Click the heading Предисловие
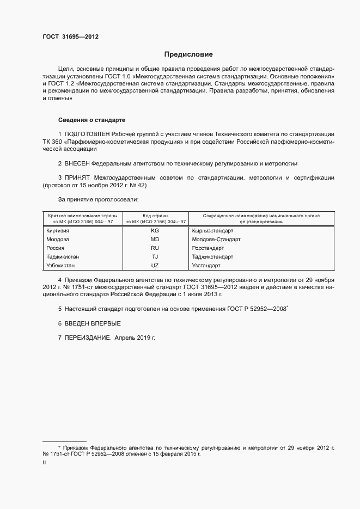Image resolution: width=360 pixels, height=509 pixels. click(188, 54)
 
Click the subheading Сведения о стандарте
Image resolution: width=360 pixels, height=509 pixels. click(92, 119)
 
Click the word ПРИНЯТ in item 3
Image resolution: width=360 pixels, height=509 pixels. click(77, 177)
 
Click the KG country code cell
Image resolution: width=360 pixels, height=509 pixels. click(155, 231)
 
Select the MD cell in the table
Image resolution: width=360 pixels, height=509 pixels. click(155, 240)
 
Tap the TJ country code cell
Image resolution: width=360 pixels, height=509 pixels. click(155, 256)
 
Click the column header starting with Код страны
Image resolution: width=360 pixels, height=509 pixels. click(155, 219)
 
